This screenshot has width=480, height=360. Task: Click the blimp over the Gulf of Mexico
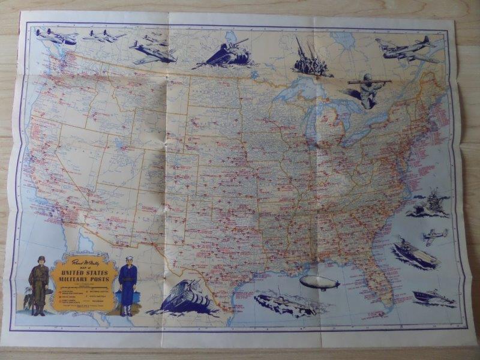tap(319, 283)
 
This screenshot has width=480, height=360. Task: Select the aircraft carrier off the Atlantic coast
tap(415, 254)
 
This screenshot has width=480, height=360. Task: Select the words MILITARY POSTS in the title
tap(84, 283)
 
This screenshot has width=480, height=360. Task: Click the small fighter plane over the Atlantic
tap(435, 235)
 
